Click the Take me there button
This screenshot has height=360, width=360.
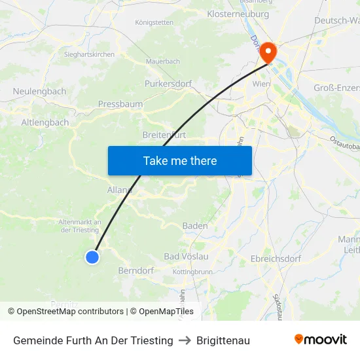[180, 160]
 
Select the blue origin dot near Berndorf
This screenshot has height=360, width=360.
[92, 257]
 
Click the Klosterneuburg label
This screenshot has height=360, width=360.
[238, 14]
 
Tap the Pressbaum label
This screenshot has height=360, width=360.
[120, 103]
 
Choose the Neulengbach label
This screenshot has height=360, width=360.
[39, 92]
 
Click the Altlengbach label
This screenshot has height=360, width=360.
[45, 122]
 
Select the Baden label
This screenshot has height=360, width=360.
[195, 226]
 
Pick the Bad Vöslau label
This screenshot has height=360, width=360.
[186, 256]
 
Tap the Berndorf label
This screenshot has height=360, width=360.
[136, 270]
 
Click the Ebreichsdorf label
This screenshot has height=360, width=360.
[276, 259]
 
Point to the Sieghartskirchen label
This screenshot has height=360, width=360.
[89, 54]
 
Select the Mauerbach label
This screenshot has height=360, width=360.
[163, 61]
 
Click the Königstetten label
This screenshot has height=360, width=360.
[154, 22]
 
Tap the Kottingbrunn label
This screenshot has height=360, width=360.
[192, 272]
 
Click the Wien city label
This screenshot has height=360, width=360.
[261, 84]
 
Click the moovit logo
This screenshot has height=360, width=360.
[321, 340]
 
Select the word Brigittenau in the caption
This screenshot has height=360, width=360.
[223, 340]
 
